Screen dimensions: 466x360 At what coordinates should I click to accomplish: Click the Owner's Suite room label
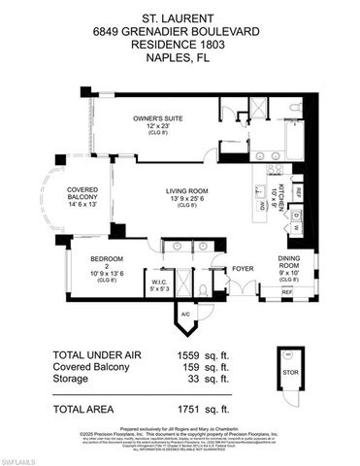[158, 119]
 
